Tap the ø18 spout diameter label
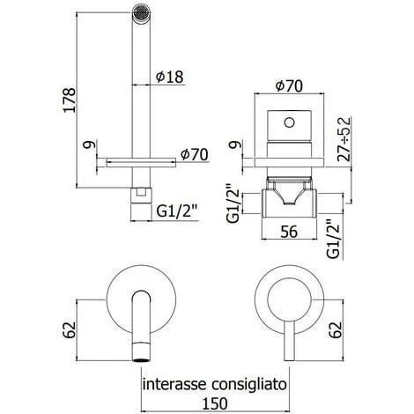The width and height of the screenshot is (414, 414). pyautogui.click(x=169, y=76)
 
